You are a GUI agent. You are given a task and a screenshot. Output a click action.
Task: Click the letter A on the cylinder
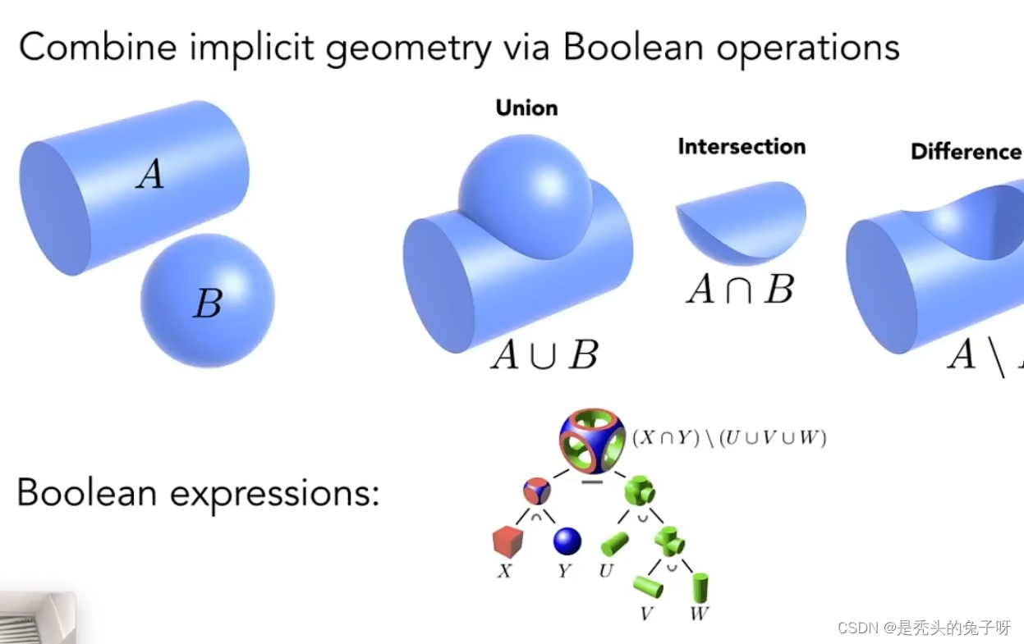149,174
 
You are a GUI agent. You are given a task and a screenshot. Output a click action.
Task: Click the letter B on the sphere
207,304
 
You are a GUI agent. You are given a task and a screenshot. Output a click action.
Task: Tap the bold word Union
526,108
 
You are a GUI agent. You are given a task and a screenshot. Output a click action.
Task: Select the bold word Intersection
742,147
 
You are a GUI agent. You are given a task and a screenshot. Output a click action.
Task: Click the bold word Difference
966,152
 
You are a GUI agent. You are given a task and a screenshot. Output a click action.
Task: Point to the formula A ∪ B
544,355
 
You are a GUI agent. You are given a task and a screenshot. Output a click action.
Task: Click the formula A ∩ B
740,290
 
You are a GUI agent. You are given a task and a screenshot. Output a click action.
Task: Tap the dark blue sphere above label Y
567,541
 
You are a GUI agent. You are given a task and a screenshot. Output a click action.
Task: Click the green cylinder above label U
614,544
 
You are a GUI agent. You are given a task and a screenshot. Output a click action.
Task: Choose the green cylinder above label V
648,586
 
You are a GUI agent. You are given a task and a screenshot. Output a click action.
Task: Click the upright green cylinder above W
700,586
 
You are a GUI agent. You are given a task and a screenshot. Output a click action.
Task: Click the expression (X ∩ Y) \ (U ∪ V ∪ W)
728,438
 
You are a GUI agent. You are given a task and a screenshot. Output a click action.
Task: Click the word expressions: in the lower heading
275,492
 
